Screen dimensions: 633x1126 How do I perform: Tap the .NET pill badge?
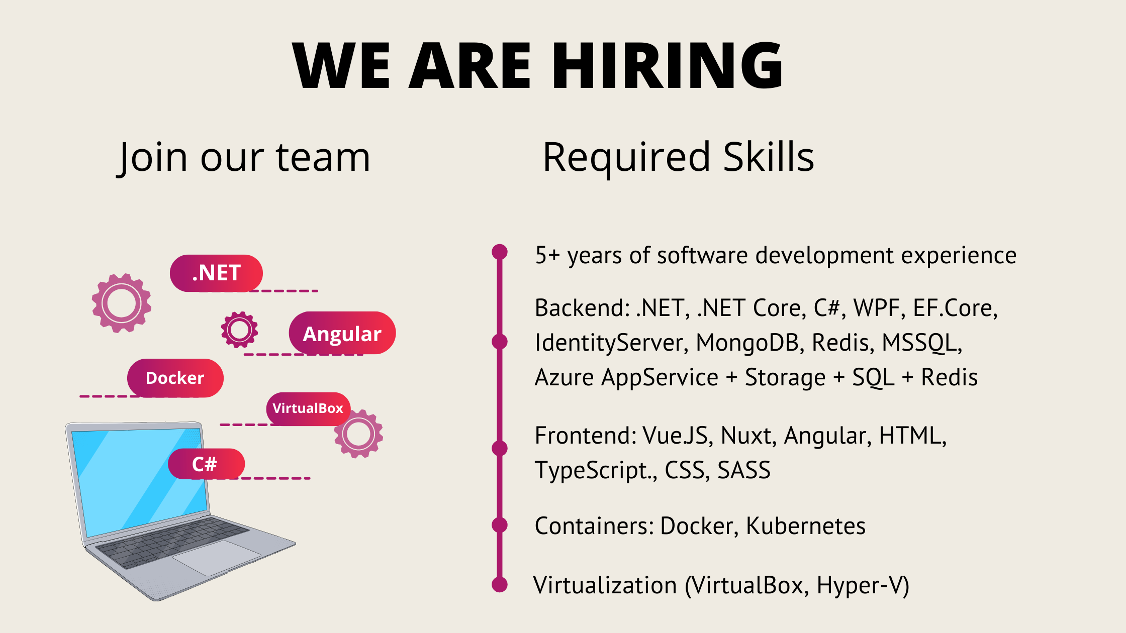(216, 273)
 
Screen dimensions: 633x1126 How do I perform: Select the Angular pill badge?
(342, 334)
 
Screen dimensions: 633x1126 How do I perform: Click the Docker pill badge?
(175, 378)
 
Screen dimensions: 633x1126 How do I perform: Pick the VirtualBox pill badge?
(308, 408)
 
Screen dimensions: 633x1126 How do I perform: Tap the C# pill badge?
(205, 464)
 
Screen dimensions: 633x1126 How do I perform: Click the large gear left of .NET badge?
(122, 303)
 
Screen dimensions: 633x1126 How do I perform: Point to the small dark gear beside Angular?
(239, 330)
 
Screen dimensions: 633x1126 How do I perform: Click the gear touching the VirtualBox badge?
(359, 434)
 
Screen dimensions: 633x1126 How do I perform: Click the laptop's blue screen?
(136, 482)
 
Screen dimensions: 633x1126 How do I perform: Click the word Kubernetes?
(805, 526)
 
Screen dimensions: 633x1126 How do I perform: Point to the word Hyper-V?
(863, 585)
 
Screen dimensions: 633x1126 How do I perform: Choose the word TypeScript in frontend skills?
(593, 471)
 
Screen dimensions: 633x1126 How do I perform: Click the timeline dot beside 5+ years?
(500, 252)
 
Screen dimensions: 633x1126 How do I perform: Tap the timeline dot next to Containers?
(500, 525)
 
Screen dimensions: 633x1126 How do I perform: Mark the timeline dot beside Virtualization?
(500, 585)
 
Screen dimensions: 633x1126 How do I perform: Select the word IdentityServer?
(610, 343)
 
